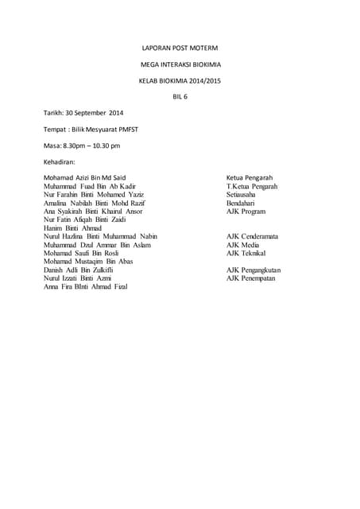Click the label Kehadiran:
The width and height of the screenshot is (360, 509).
pyautogui.click(x=64, y=162)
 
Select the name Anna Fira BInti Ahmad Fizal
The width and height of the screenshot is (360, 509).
pyautogui.click(x=85, y=286)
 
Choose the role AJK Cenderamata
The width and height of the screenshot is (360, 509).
pyautogui.click(x=252, y=236)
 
